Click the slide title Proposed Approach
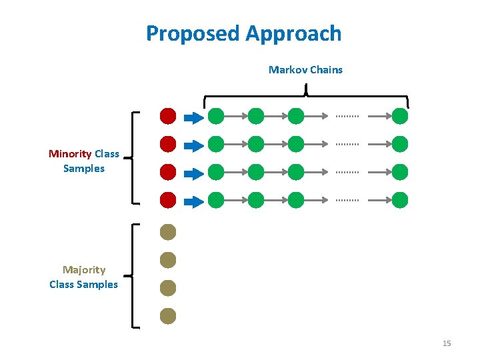[x=243, y=33]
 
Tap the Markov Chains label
[x=305, y=69]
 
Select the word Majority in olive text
[x=84, y=270]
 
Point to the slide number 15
[x=446, y=343]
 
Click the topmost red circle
[x=168, y=116]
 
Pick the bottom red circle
[x=168, y=199]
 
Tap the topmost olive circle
[x=168, y=232]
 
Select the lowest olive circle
[x=168, y=316]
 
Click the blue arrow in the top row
[x=193, y=118]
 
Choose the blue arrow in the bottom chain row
[x=193, y=201]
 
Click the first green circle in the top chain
[x=215, y=117]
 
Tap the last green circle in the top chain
[x=400, y=117]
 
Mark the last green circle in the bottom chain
[x=400, y=199]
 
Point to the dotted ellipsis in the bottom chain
[x=347, y=199]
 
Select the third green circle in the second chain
[x=296, y=144]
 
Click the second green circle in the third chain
[x=256, y=172]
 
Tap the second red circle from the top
[x=168, y=144]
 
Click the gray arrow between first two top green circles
[x=235, y=117]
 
